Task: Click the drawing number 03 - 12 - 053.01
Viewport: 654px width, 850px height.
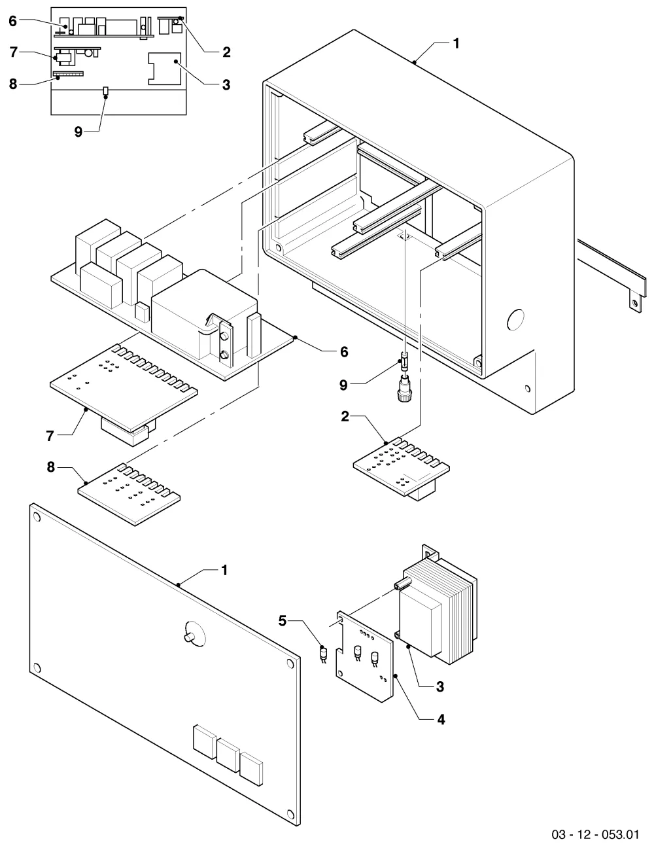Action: (595, 834)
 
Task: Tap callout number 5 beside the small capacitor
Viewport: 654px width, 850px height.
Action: (283, 620)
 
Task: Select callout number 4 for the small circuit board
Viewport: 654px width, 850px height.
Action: (441, 719)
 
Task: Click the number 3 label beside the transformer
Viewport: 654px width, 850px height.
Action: (440, 686)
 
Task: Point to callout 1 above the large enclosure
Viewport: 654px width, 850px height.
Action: (456, 43)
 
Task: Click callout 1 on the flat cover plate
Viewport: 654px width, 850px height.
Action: (224, 570)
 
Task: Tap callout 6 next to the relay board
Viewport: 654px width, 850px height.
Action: (344, 351)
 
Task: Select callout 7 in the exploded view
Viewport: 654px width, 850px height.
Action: (50, 436)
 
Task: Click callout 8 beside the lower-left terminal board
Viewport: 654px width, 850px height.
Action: (51, 467)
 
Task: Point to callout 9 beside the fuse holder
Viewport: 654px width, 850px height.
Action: (343, 385)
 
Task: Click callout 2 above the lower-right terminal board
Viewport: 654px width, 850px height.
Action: (345, 416)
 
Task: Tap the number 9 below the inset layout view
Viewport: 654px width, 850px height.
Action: (78, 132)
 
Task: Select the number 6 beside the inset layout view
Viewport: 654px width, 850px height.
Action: (13, 21)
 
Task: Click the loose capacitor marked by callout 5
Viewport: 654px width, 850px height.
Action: (324, 654)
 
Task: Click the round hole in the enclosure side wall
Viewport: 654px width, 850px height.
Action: (515, 319)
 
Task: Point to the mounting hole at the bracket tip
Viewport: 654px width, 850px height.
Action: (635, 303)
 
